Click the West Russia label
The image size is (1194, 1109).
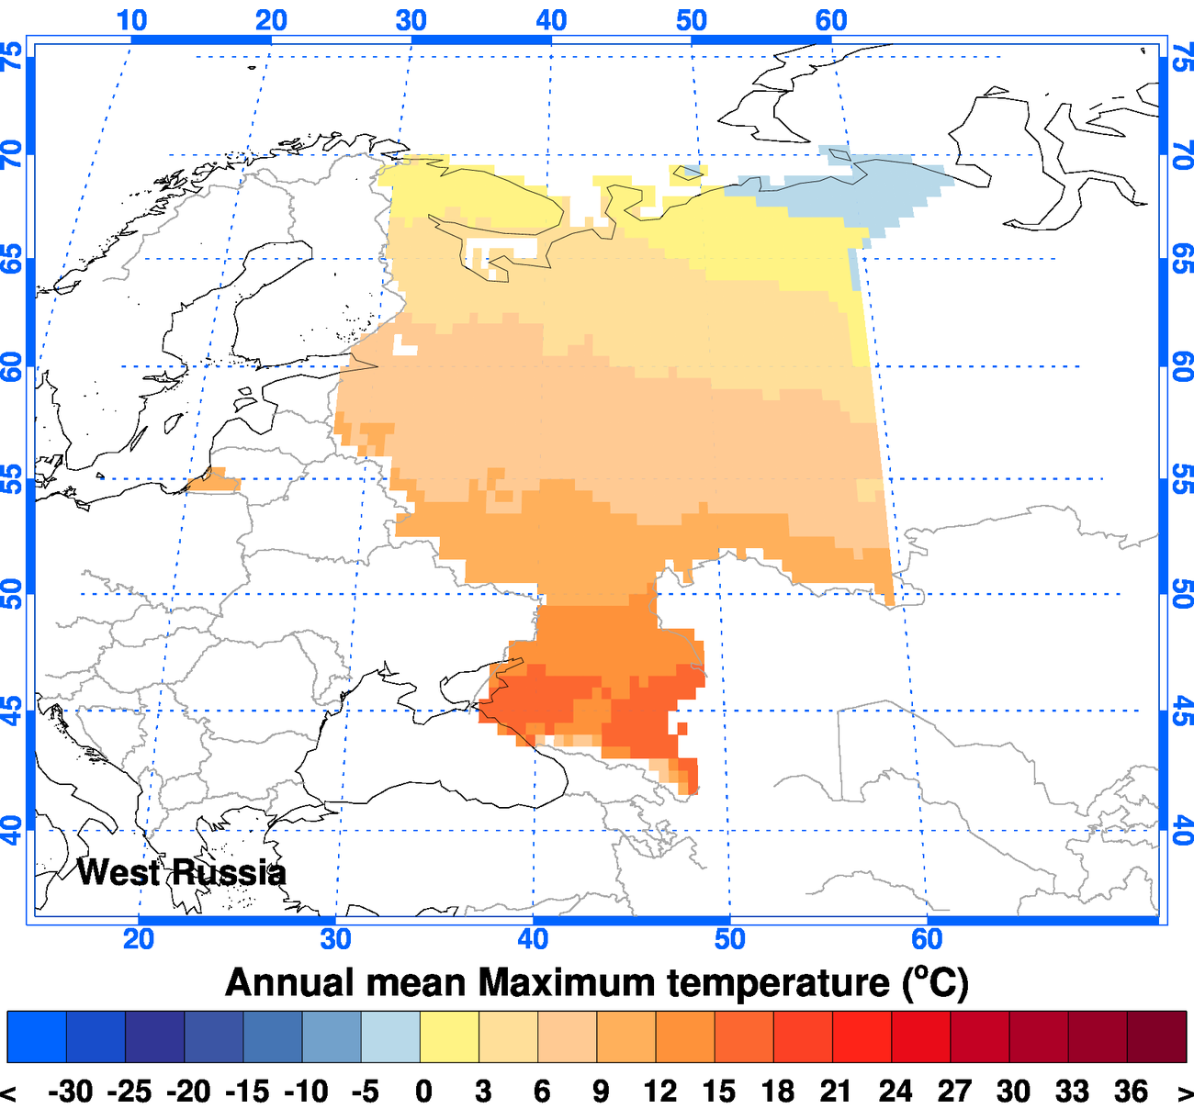181,872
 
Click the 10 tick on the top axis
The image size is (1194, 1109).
131,19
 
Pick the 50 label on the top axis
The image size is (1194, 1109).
692,19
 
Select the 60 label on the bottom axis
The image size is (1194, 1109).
927,938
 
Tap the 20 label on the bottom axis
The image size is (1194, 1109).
139,938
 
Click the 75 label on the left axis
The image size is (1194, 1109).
12,58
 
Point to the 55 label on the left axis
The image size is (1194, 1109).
12,478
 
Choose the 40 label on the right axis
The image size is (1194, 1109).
1183,830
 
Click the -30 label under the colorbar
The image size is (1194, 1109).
71,1092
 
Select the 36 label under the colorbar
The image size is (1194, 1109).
1131,1092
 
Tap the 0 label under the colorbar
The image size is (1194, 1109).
422,1092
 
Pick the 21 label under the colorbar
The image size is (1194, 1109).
835,1092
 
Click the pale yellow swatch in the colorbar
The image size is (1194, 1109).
449,1036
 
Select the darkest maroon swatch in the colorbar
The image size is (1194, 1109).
1156,1036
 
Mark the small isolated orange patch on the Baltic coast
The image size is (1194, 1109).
214,481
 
